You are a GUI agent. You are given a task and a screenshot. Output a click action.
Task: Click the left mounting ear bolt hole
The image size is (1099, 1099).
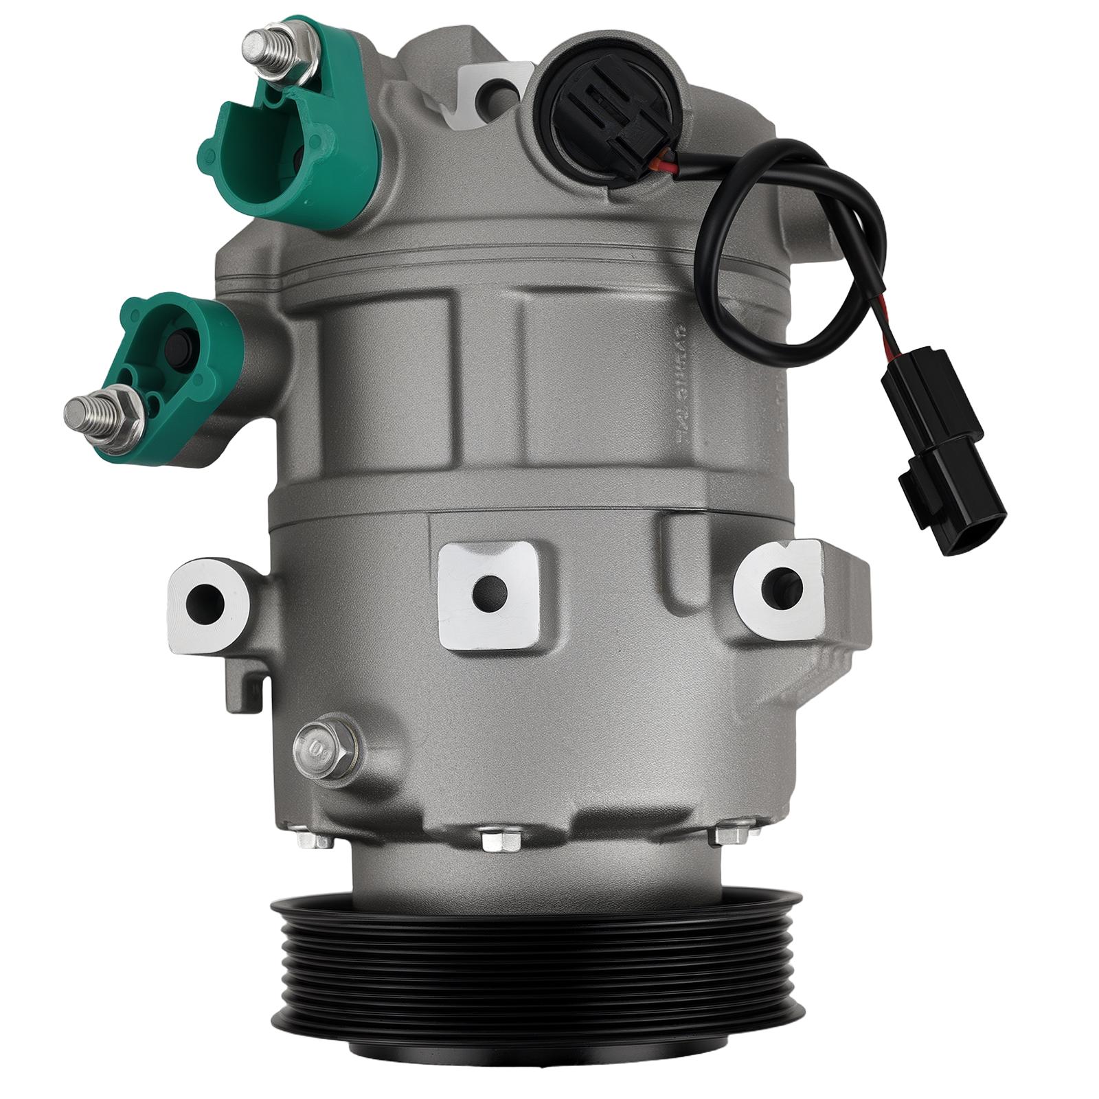205,603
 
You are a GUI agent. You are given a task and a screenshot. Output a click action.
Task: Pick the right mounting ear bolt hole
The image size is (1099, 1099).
782,584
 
